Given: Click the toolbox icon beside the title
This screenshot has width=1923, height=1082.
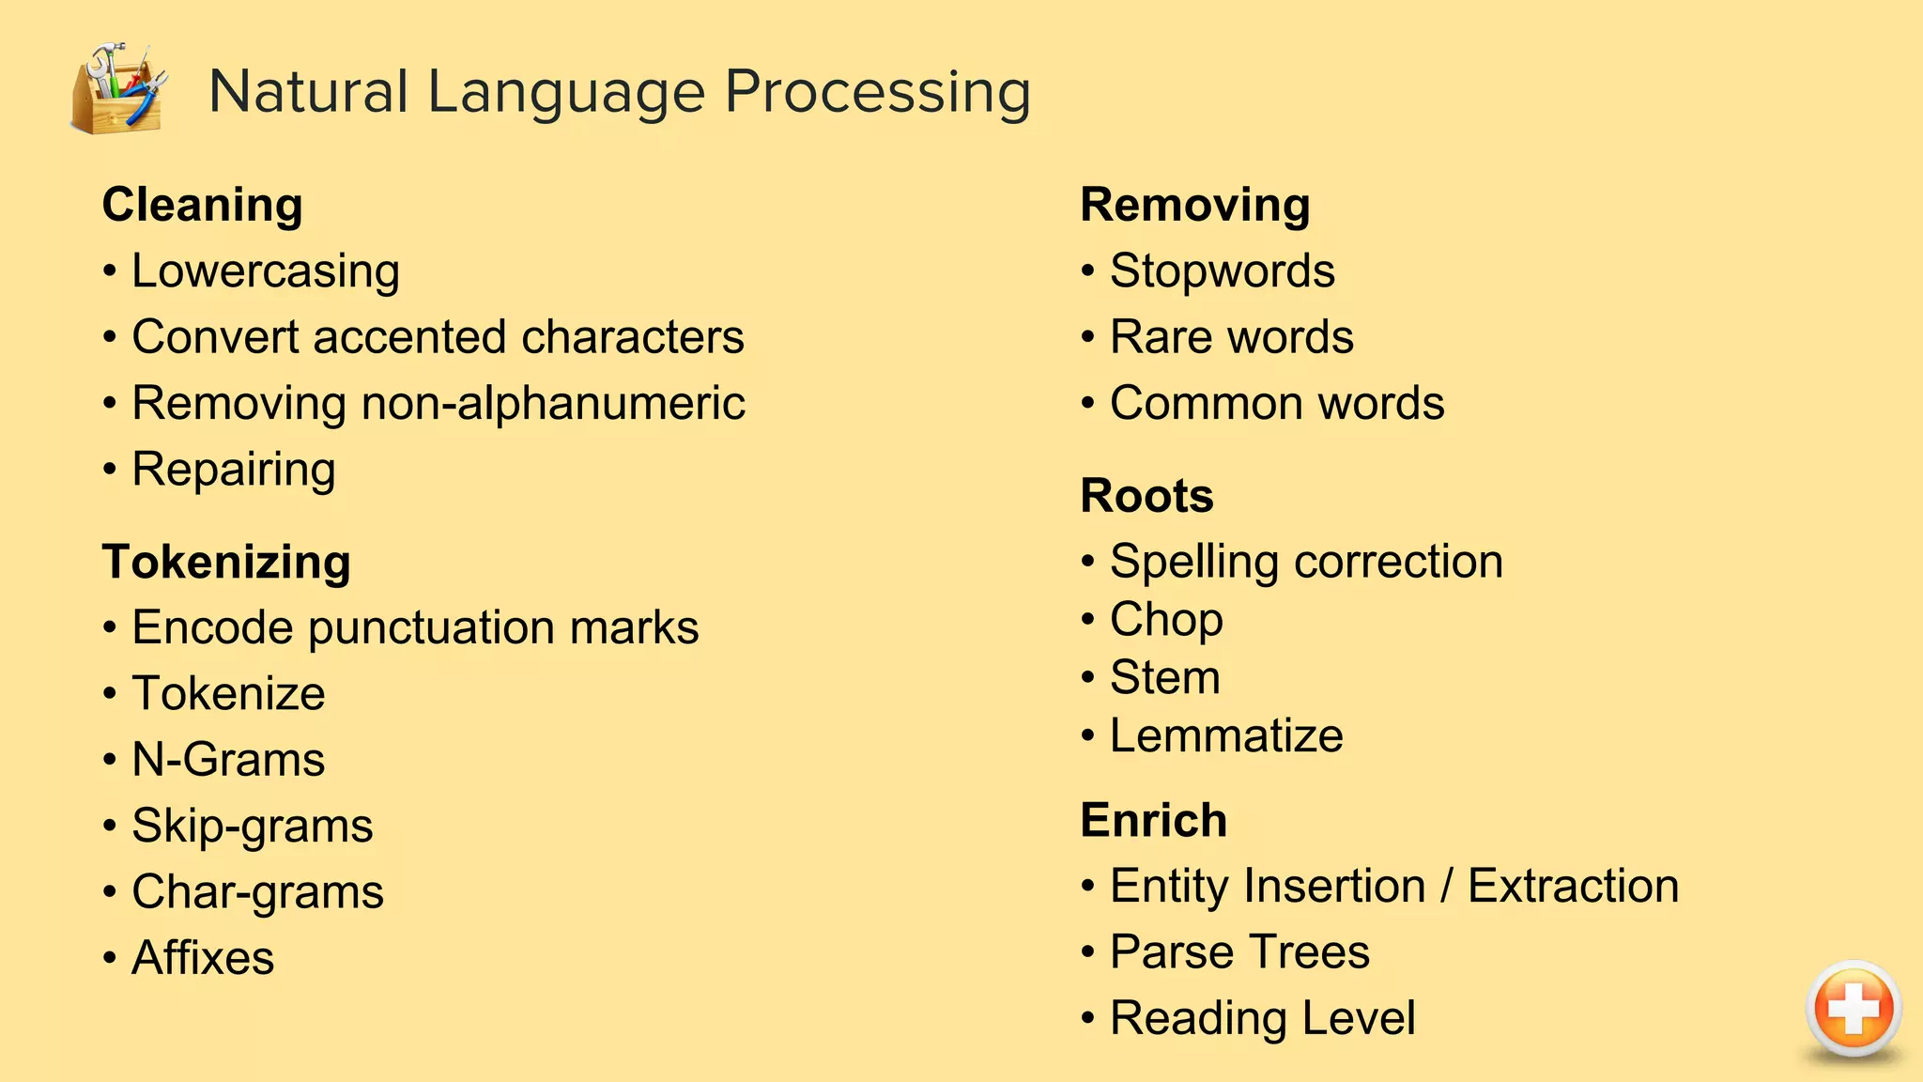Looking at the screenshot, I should point(118,88).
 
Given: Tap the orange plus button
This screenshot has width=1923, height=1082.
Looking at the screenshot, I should point(1853,1009).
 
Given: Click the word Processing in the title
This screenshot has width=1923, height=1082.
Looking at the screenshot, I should point(877,92).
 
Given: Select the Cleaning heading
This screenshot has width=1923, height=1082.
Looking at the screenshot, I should point(202,205).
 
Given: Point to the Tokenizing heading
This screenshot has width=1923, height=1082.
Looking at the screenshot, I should point(226,562).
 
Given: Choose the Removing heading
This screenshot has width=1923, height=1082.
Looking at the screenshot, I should point(1194,205).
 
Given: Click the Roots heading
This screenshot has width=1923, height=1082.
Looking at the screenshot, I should point(1146,495).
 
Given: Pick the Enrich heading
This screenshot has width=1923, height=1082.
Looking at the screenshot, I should point(1153,820).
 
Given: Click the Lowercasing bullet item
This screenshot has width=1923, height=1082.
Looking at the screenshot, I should point(266,271).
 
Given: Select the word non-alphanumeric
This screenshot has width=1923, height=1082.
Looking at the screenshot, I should point(553,403).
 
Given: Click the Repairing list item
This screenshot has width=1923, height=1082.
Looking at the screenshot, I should point(234,469).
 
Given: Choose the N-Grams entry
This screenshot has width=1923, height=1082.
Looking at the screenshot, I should point(228,759).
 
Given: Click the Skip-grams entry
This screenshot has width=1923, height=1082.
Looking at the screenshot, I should point(252,826).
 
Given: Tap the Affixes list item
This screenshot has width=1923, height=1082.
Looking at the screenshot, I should point(203,957).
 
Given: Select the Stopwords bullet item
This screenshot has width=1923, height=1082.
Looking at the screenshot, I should point(1222,271).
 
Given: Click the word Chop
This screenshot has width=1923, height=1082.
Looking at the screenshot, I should point(1166,620).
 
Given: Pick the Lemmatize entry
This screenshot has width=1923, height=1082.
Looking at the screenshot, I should point(1226,735).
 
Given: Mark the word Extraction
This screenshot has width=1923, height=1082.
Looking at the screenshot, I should point(1573,886).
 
